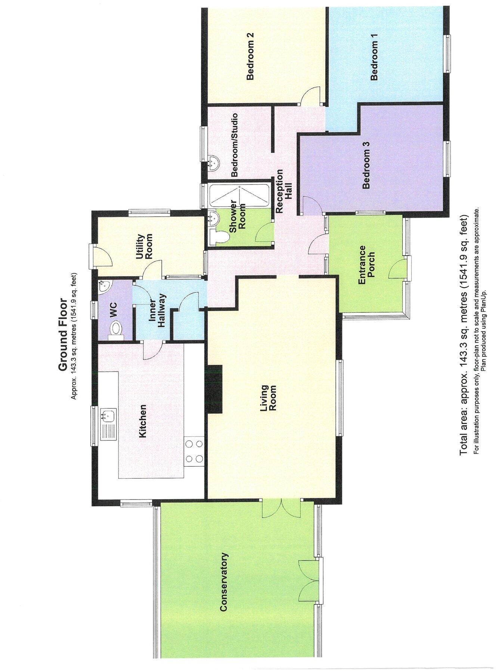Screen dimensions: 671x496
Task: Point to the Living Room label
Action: (269, 398)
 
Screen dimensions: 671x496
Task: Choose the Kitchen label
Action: (142, 421)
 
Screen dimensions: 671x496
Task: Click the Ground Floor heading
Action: (62, 334)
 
